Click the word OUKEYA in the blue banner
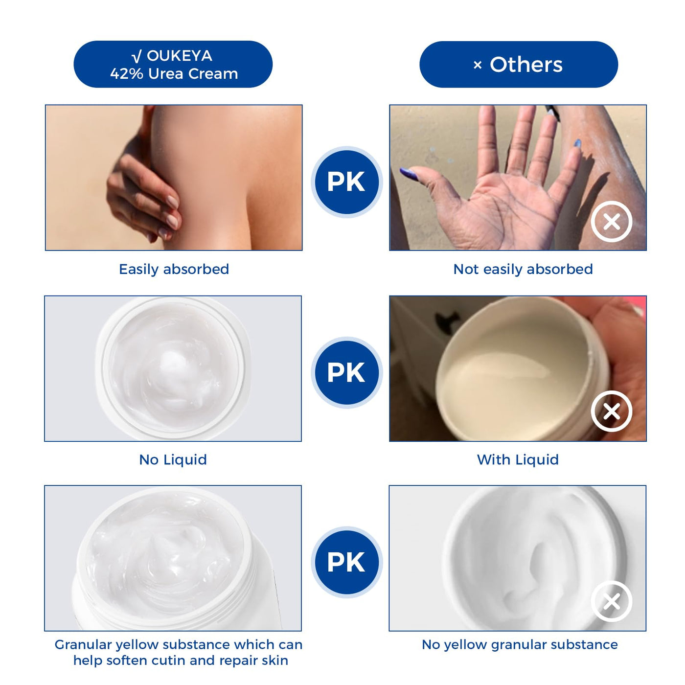179,56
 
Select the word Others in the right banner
526,65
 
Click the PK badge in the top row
346,182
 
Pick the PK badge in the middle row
346,372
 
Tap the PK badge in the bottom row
346,562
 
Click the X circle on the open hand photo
612,222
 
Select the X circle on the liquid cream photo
612,411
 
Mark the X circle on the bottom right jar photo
612,601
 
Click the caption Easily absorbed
174,270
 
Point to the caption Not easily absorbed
523,270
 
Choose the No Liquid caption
173,459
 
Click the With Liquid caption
518,459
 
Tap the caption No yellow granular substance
519,644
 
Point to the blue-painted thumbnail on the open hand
409,173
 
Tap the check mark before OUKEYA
137,56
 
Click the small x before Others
478,65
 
